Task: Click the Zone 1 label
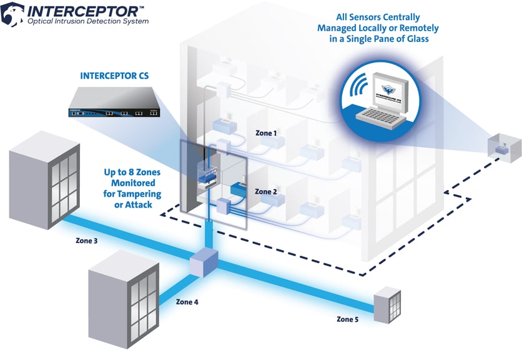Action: [x=267, y=133]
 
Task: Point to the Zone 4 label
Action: [x=187, y=302]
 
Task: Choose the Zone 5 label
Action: [x=348, y=319]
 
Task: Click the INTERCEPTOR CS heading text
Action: [x=114, y=76]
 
